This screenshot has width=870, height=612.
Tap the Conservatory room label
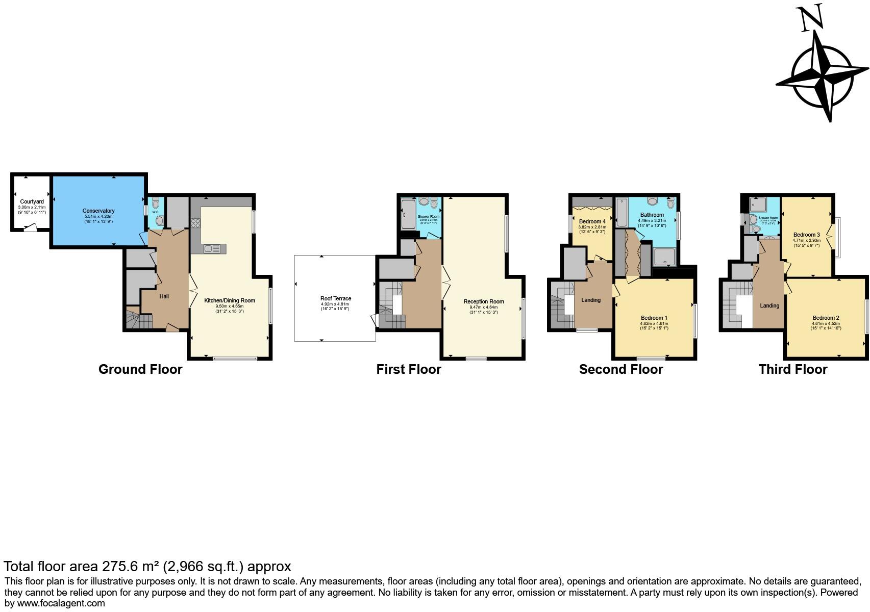click(98, 211)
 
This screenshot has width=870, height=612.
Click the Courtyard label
click(32, 201)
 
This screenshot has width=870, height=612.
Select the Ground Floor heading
click(140, 369)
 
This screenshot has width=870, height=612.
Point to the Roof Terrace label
click(335, 298)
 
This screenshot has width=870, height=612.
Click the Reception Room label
click(483, 301)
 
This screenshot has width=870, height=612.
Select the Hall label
click(164, 296)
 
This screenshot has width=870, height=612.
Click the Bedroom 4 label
click(592, 221)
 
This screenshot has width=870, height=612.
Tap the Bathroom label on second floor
click(652, 215)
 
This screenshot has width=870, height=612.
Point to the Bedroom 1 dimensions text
click(654, 325)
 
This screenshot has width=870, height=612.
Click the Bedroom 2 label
click(826, 317)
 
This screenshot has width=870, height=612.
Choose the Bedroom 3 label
click(806, 235)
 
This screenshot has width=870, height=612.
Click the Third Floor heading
click(792, 369)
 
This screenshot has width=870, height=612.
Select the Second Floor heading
click(620, 369)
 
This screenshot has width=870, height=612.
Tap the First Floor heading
click(408, 369)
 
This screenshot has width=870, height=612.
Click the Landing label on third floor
click(769, 305)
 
